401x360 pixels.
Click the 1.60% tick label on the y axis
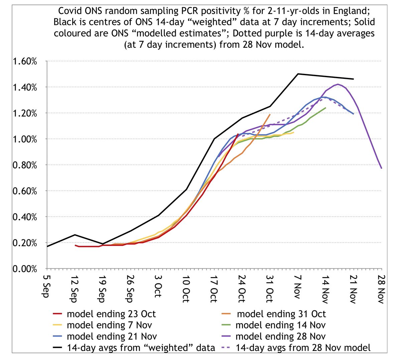25,62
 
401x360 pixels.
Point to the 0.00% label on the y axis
25,269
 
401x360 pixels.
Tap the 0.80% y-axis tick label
25,165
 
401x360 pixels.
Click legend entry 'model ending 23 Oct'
111,314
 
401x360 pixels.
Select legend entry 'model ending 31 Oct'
281,314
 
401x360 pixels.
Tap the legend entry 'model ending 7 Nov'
109,325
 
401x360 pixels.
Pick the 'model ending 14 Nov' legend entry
280,325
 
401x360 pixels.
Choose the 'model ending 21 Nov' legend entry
111,336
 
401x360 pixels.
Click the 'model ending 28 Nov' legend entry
280,336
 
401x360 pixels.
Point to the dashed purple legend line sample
227,348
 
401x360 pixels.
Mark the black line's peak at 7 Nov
298,74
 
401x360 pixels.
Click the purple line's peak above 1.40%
338,84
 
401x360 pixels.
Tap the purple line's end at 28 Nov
381,168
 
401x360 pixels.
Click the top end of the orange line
270,114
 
